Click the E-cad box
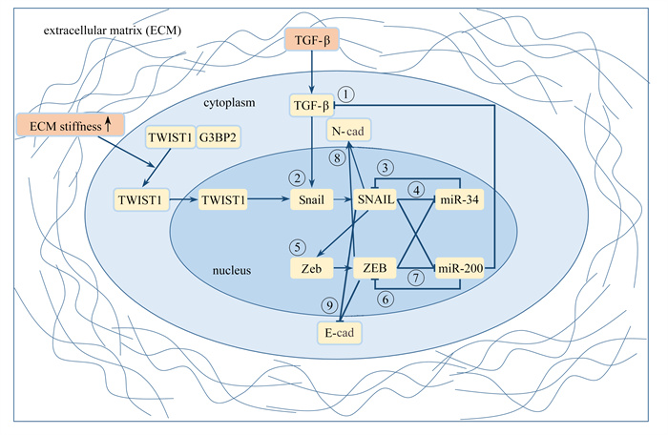point(342,331)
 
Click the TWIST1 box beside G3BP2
point(170,138)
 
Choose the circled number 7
point(414,277)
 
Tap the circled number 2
point(299,178)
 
